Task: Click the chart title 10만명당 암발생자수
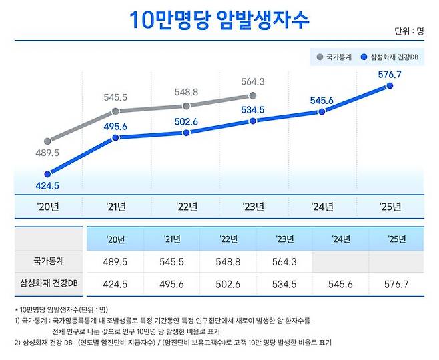pos(219,19)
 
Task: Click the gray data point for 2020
pos(47,141)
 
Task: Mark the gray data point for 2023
pos(252,96)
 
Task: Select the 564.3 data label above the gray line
pos(252,82)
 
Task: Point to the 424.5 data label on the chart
pos(47,186)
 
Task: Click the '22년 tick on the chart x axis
pos(186,206)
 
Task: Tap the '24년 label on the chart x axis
pos(322,206)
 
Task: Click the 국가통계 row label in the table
pos(50,261)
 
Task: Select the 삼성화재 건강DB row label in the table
pos(50,284)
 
